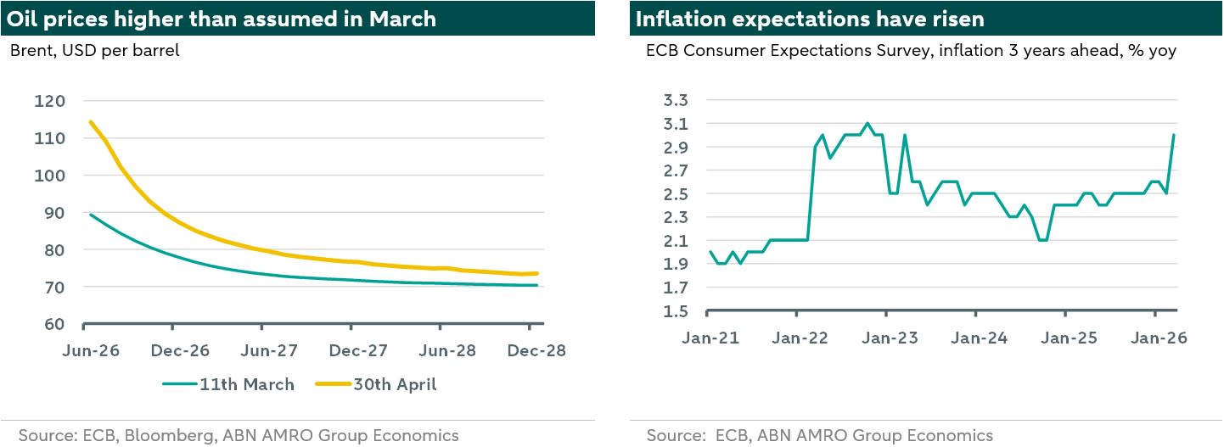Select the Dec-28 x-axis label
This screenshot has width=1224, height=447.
(530, 349)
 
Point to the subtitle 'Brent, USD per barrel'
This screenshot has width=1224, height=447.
(95, 51)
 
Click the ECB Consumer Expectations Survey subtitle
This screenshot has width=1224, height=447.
(911, 51)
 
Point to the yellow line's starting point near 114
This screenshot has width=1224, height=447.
(91, 122)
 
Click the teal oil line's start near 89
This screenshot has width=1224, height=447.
(91, 215)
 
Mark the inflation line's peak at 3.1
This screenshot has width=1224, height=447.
(867, 124)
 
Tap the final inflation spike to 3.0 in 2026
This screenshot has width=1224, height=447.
(1173, 136)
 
